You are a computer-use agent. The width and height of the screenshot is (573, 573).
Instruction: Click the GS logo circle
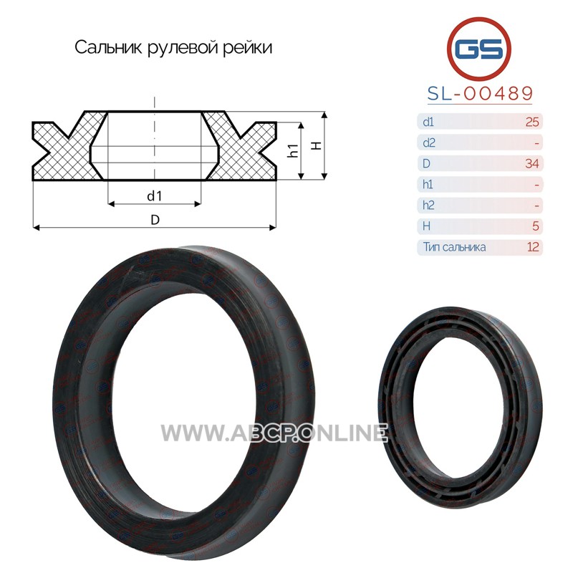(x=478, y=49)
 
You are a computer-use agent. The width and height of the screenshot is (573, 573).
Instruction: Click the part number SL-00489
(x=480, y=94)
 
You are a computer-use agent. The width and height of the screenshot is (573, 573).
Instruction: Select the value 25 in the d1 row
(x=532, y=122)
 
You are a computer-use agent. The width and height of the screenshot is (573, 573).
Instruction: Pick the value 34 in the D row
(x=532, y=163)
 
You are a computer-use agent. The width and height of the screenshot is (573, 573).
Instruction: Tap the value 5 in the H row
(x=536, y=226)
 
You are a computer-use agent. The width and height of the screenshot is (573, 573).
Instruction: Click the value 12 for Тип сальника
(x=533, y=247)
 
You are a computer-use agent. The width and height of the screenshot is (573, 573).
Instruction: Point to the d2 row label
(x=428, y=143)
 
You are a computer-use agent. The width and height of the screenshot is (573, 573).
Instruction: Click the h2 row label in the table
(x=428, y=206)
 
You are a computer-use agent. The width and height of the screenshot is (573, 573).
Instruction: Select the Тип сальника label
(x=454, y=247)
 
